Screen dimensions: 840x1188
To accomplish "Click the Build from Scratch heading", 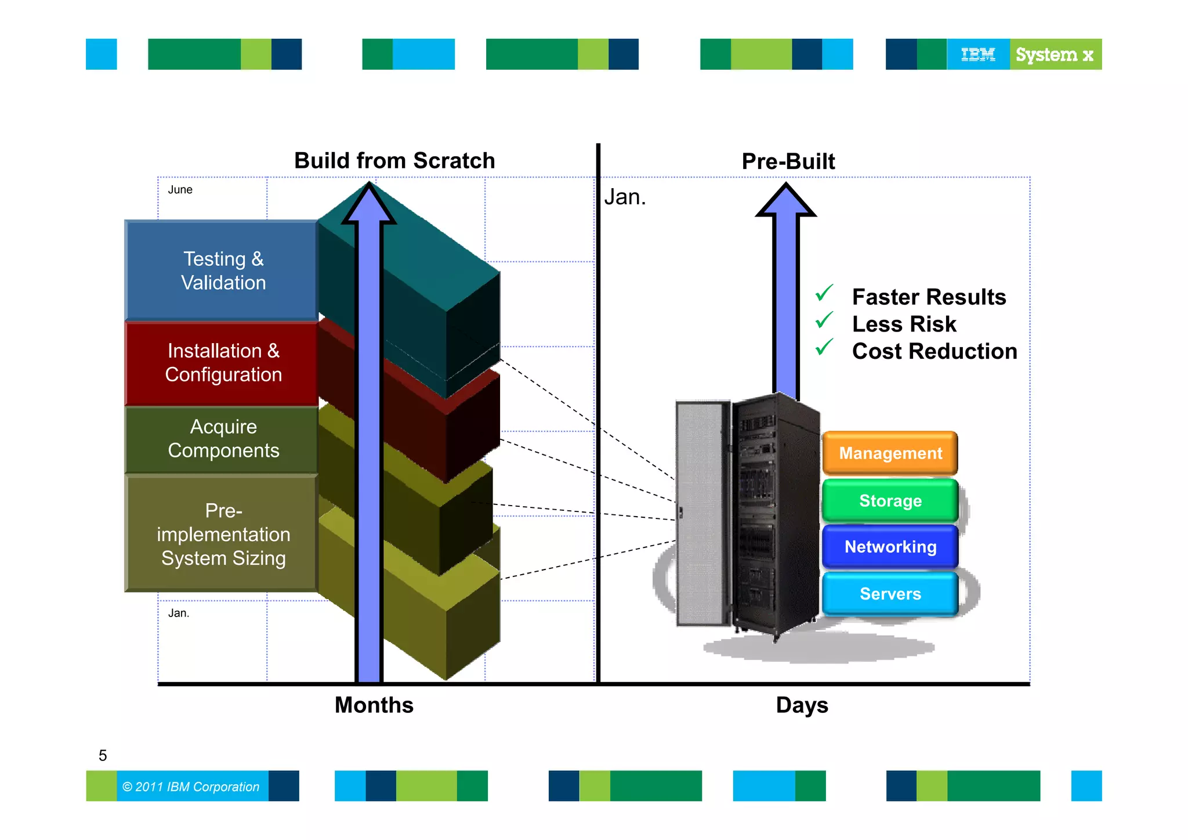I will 394,161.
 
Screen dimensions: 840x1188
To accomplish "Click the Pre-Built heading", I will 788,161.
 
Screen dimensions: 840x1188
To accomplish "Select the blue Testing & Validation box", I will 223,271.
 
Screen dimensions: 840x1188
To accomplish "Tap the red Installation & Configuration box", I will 223,363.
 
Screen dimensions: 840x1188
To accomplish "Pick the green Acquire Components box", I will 223,439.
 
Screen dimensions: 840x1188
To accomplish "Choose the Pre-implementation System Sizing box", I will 223,534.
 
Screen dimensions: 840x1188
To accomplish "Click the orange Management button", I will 890,453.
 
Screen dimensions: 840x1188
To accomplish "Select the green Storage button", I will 890,500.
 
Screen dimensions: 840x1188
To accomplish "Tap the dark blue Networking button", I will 890,547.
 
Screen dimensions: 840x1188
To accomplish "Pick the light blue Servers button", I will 890,594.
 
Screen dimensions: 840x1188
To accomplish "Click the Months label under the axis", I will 374,705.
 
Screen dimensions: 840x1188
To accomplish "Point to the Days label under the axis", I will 802,705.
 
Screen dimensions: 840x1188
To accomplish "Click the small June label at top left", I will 180,190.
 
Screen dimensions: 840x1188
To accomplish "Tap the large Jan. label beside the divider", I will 625,197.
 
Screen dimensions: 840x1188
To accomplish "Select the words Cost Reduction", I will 934,351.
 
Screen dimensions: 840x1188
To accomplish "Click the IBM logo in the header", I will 978,55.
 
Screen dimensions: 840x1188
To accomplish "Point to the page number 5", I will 103,755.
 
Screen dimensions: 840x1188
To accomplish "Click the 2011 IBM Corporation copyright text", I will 191,787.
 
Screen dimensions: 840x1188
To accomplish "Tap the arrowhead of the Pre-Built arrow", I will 786,201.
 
